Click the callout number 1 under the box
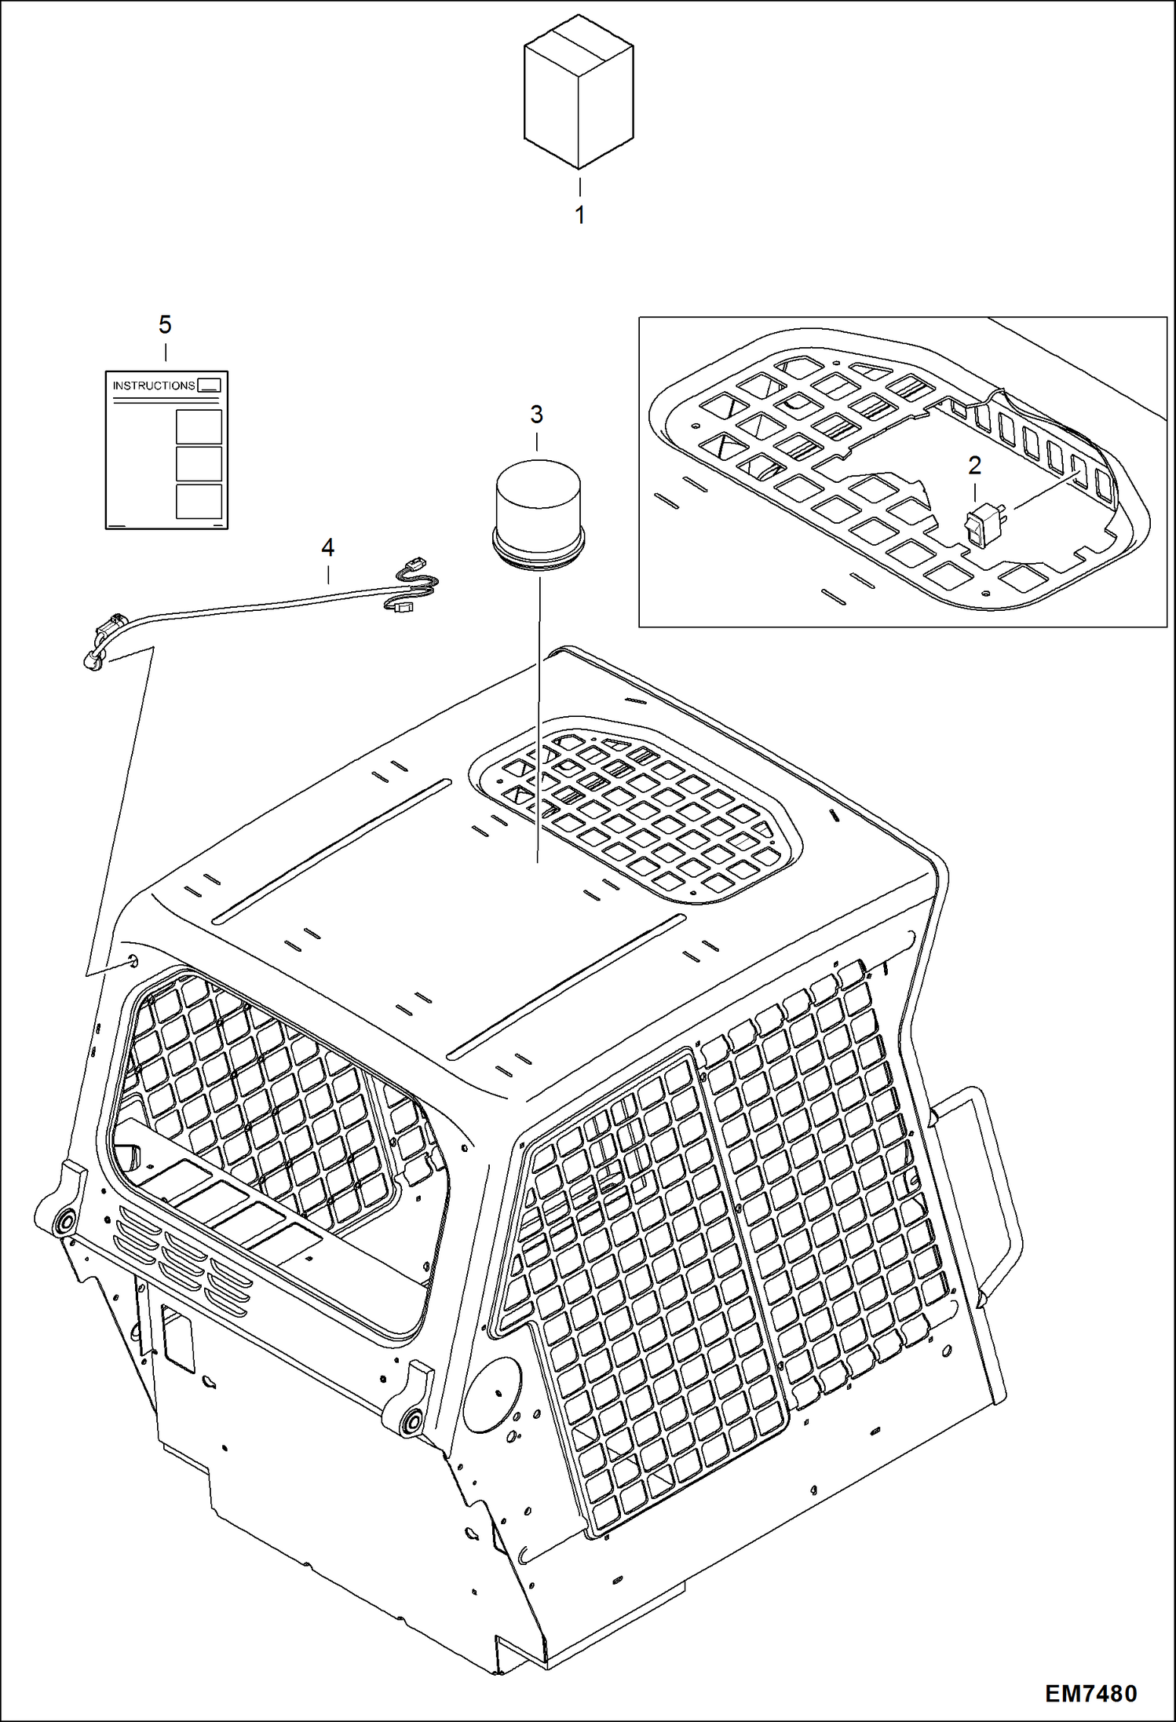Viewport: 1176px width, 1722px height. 579,214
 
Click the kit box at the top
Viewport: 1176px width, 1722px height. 579,93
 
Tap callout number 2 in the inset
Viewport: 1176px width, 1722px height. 974,466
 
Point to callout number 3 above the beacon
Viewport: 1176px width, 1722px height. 536,414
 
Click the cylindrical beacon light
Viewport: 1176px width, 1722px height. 537,512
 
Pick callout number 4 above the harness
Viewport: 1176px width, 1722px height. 327,547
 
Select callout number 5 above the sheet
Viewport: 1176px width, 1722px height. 165,324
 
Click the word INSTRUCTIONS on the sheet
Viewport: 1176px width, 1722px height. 154,386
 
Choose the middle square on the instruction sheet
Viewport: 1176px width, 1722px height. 199,464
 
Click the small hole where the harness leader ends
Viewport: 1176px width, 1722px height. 131,960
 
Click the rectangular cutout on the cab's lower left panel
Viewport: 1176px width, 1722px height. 177,1337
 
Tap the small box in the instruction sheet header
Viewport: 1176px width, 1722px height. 209,385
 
